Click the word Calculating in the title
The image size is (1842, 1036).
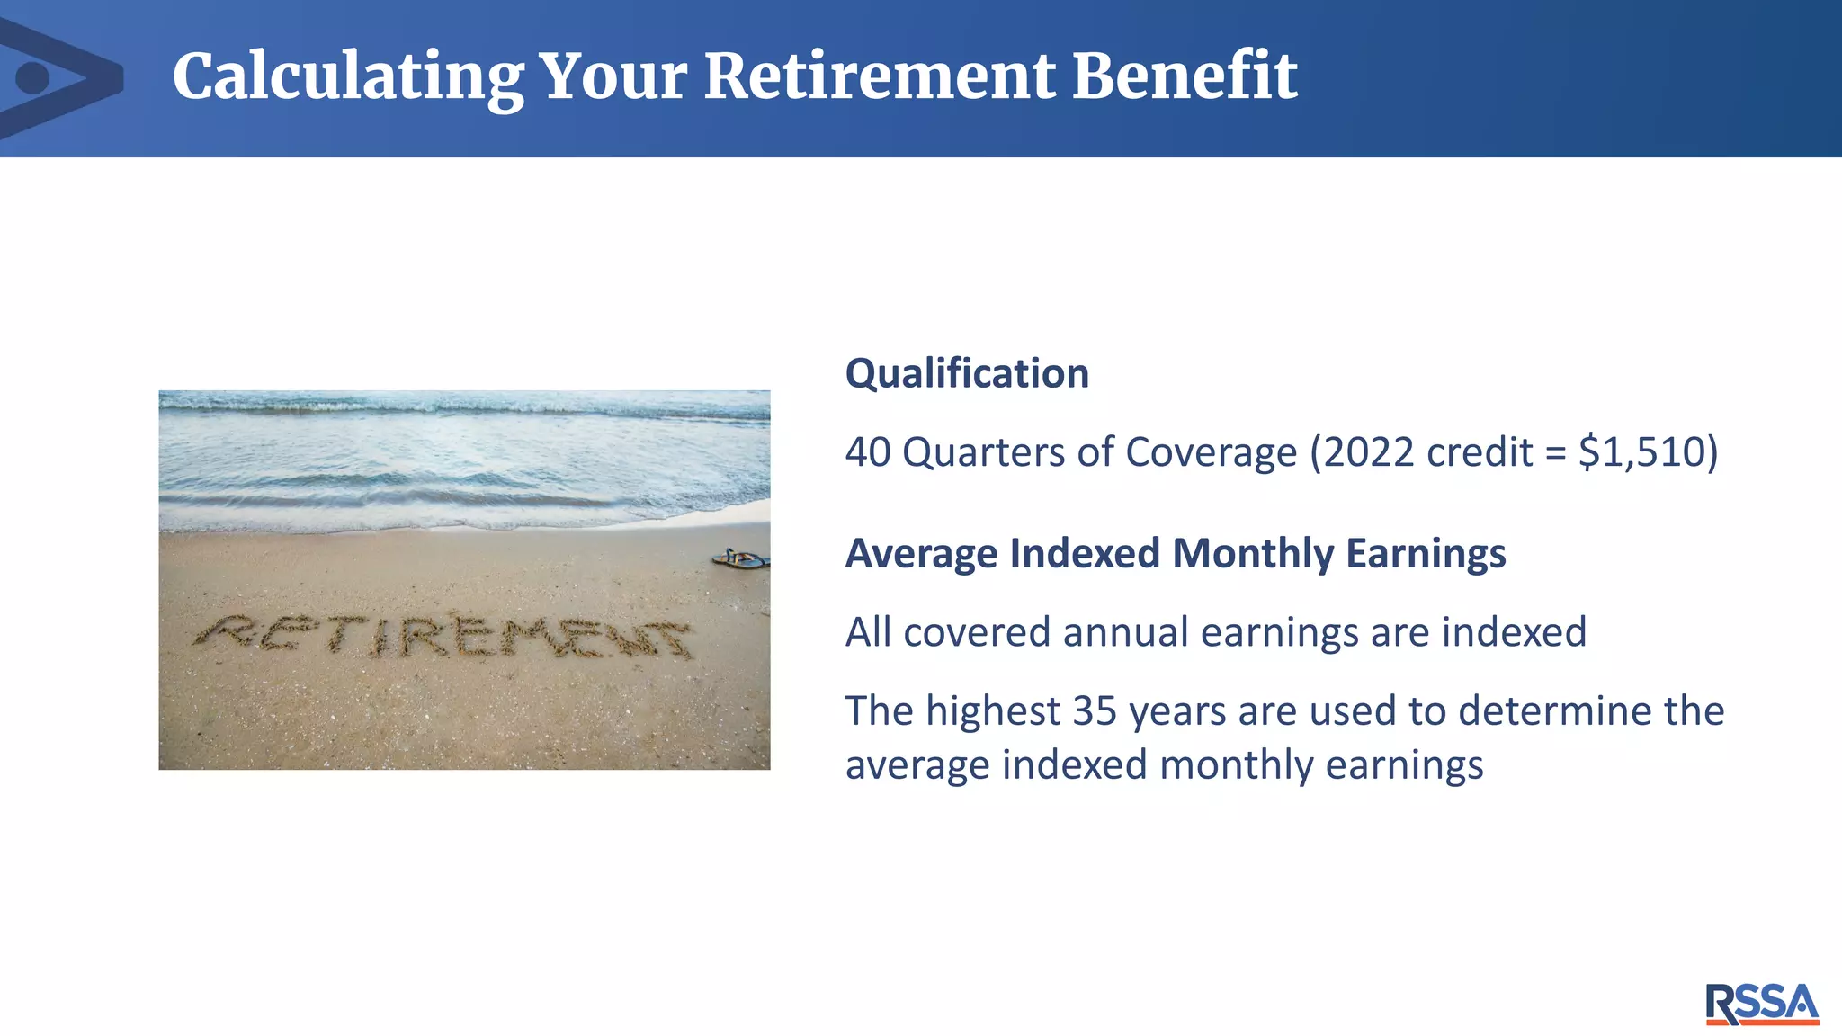[348, 78]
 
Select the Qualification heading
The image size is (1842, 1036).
[967, 373]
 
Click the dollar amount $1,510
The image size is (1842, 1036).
[1647, 451]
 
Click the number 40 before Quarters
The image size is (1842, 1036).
[867, 451]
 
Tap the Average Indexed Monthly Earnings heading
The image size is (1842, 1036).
[1175, 553]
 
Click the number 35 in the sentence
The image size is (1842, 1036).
[1095, 710]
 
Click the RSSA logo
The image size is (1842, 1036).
[1761, 1004]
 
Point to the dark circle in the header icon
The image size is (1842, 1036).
[33, 78]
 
